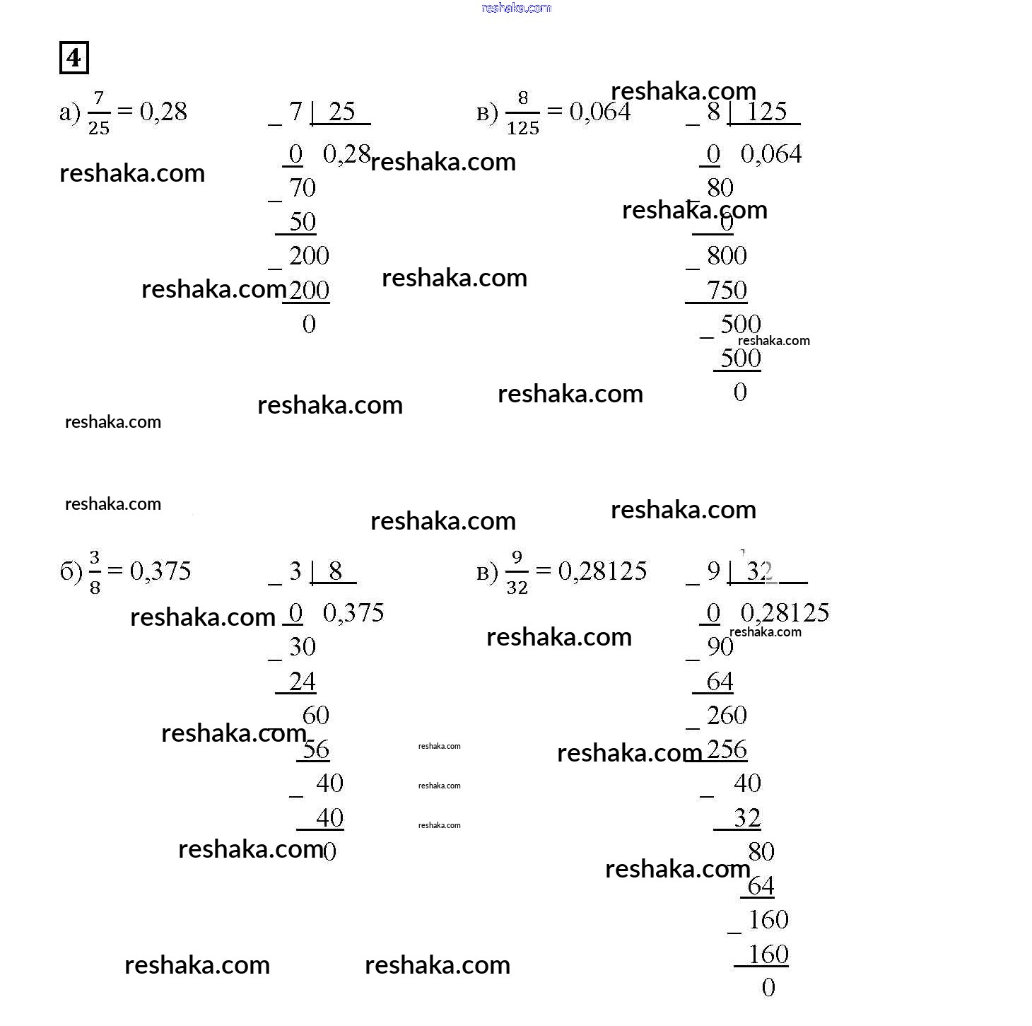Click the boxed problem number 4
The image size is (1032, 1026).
coord(74,57)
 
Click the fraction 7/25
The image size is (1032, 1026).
coord(98,113)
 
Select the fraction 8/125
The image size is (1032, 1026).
coord(522,113)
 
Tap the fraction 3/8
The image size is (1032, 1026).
coord(95,573)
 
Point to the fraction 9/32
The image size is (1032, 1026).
coord(517,573)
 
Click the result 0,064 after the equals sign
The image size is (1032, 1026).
coord(600,112)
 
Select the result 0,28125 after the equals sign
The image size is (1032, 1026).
coord(602,571)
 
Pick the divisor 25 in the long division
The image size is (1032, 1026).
coord(341,111)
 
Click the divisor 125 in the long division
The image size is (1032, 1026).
coord(766,111)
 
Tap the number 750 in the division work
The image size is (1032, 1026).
coord(727,290)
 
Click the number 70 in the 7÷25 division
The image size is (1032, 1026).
coord(303,188)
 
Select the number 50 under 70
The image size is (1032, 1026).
coord(303,222)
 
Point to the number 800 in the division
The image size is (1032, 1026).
coord(727,256)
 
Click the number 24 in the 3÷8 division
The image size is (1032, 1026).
coord(303,682)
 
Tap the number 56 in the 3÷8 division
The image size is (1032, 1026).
coord(316,750)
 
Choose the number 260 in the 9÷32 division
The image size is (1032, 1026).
coord(727,716)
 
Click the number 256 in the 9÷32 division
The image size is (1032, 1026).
coord(727,750)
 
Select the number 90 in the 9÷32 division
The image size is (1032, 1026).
coord(720,646)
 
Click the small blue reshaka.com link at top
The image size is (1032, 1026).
coord(516,8)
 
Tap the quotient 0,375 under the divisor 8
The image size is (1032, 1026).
coord(353,613)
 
